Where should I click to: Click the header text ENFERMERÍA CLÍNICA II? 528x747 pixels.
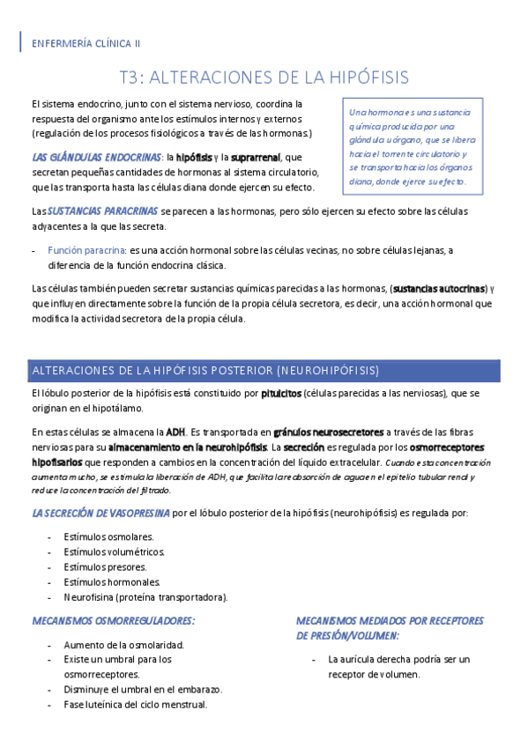(x=86, y=42)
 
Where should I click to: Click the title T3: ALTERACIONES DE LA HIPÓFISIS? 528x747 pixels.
(x=264, y=78)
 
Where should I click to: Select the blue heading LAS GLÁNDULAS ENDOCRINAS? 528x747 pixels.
(x=95, y=157)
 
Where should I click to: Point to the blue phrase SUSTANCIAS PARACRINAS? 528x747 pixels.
(x=103, y=211)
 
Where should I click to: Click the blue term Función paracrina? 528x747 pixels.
(x=86, y=250)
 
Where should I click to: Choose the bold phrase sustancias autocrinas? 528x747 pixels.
(x=439, y=288)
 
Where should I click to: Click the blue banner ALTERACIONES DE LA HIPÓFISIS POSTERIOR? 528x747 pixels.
(x=205, y=369)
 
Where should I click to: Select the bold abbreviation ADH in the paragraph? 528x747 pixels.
(x=175, y=433)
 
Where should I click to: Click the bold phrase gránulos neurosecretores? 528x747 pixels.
(x=330, y=433)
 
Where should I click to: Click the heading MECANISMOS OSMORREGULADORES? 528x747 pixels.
(x=113, y=621)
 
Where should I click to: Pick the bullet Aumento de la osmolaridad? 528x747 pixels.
(x=123, y=644)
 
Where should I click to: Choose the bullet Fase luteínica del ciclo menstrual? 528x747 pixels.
(x=135, y=705)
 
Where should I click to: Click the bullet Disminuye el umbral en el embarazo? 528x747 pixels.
(x=143, y=689)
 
